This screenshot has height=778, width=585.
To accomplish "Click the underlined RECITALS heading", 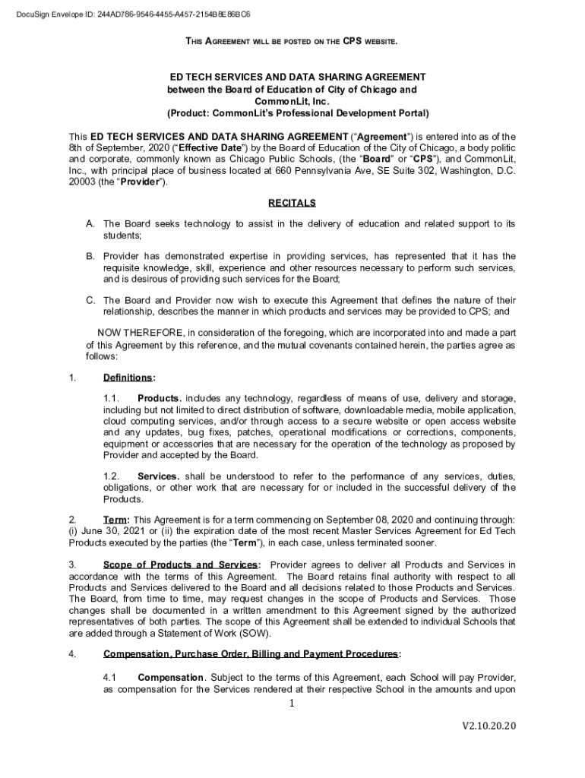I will tap(292, 204).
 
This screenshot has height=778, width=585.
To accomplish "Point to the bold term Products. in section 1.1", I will tap(159, 399).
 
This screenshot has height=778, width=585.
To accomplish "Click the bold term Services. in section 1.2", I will tap(158, 476).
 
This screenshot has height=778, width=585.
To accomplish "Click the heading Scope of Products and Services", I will tap(181, 565).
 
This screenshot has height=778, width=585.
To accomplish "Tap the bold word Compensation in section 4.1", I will tap(171, 677).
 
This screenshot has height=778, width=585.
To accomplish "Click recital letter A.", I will tap(90, 224).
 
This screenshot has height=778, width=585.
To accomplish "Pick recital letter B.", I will tap(90, 257).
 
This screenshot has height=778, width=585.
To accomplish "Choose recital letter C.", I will tap(90, 301).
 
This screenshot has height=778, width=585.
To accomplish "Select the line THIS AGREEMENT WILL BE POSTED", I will tap(291, 40).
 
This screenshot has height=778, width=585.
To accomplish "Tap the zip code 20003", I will tap(83, 182).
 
